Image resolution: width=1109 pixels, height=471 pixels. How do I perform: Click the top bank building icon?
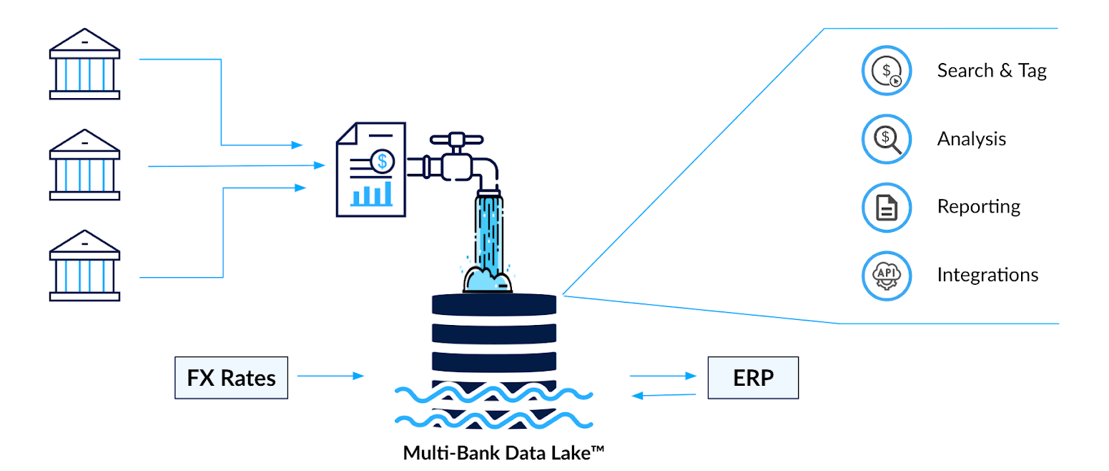pyautogui.click(x=84, y=64)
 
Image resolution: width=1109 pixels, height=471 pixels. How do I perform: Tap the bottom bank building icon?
pyautogui.click(x=84, y=266)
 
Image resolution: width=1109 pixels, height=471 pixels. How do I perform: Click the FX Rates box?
pyautogui.click(x=232, y=377)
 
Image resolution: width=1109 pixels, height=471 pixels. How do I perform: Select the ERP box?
pyautogui.click(x=753, y=377)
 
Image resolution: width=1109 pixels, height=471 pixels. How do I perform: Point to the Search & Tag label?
pyautogui.click(x=992, y=70)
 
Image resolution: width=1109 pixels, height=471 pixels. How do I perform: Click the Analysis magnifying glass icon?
pyautogui.click(x=887, y=138)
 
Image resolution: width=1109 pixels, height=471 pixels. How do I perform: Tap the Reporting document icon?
pyautogui.click(x=887, y=207)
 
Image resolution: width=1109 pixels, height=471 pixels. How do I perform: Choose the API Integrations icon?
pyautogui.click(x=887, y=275)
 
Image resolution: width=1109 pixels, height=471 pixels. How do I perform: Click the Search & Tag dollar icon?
pyautogui.click(x=887, y=70)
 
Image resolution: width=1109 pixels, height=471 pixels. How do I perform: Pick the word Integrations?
pyautogui.click(x=987, y=274)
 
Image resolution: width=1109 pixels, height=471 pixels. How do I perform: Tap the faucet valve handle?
pyautogui.click(x=454, y=138)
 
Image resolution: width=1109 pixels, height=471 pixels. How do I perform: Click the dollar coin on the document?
pyautogui.click(x=383, y=161)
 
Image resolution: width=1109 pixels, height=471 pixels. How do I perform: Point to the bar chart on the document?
pyautogui.click(x=371, y=194)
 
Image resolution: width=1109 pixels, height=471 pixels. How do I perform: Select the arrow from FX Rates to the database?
pyautogui.click(x=330, y=375)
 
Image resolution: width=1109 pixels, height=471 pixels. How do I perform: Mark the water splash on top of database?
pyautogui.click(x=488, y=279)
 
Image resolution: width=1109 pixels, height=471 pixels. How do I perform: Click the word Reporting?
pyautogui.click(x=978, y=206)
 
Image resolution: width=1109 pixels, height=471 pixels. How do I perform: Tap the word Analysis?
pyautogui.click(x=972, y=138)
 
